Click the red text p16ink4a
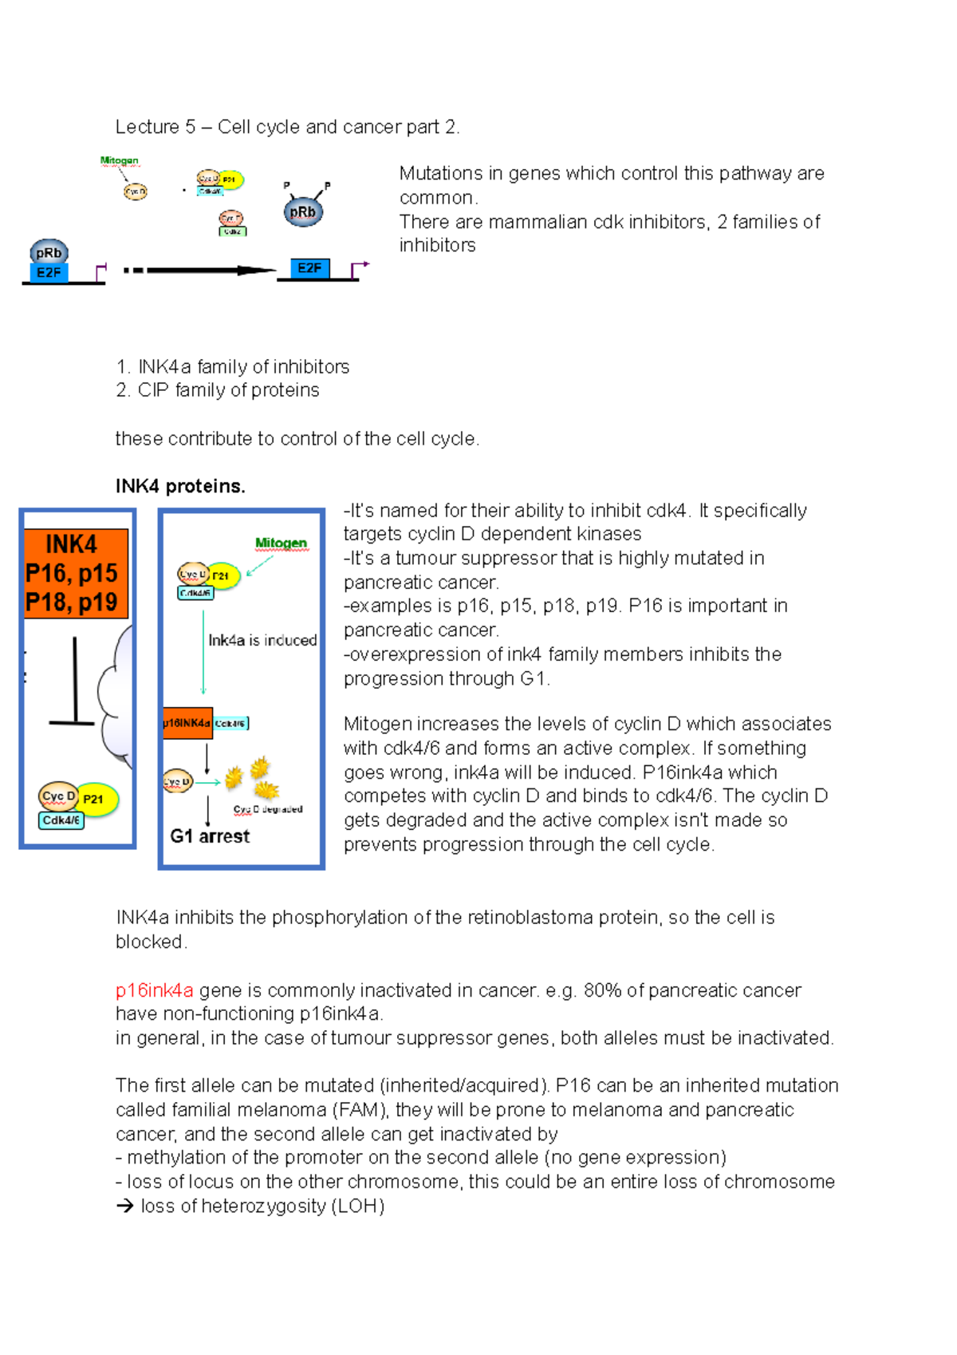tap(154, 990)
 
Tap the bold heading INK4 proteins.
tap(180, 486)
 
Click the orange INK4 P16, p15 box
tap(76, 573)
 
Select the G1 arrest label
tap(210, 836)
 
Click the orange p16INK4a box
tap(187, 723)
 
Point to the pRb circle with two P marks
tap(303, 212)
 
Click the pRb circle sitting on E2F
tap(49, 253)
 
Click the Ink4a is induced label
tap(262, 640)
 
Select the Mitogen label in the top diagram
tap(119, 160)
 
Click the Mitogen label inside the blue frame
tap(281, 543)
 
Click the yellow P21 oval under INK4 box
tap(96, 799)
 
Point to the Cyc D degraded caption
tap(268, 809)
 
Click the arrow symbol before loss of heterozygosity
tap(124, 1206)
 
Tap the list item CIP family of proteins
tap(228, 390)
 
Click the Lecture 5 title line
tap(287, 127)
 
